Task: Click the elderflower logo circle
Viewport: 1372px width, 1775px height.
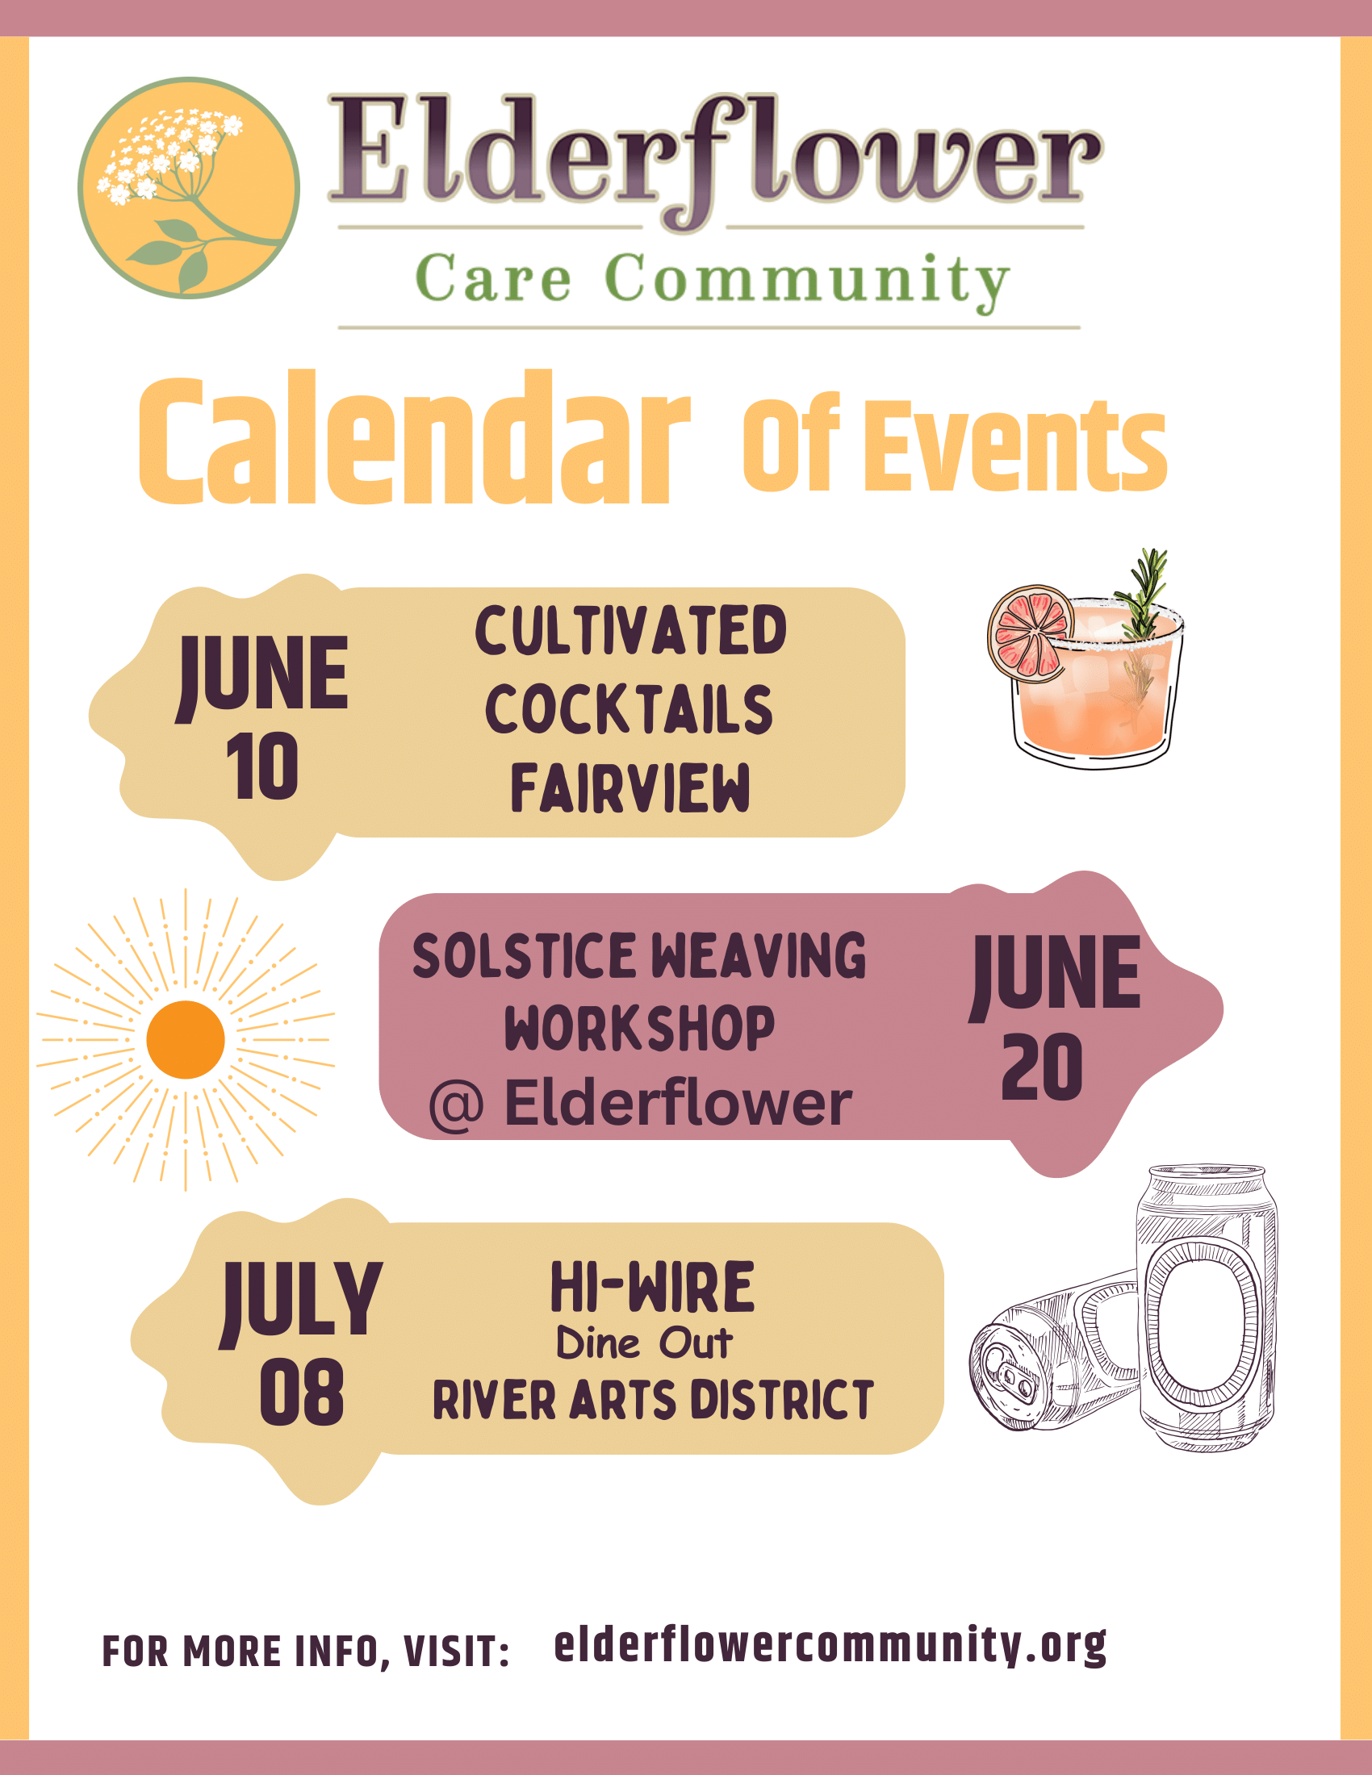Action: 189,188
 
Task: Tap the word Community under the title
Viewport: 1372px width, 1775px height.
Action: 808,281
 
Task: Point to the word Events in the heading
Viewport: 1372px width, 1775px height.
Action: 1015,446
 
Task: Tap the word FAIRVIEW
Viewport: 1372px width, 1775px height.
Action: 630,787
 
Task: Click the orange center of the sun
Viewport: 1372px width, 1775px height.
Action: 186,1039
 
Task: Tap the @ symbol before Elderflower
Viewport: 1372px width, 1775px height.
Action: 457,1105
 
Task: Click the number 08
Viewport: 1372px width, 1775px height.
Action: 302,1393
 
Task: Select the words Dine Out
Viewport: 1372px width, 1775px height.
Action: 644,1343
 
